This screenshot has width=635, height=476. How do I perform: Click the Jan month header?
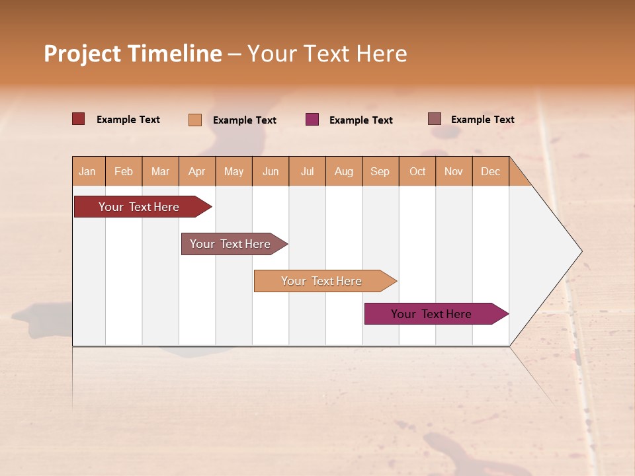88,171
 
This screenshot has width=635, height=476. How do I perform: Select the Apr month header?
197,171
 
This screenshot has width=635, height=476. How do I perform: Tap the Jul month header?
307,171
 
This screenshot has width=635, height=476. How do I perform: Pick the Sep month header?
380,171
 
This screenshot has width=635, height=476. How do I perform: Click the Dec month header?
490,171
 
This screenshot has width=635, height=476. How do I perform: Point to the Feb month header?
124,171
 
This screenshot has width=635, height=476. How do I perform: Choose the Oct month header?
417,171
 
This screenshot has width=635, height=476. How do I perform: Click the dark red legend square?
79,119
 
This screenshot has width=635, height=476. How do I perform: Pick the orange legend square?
195,120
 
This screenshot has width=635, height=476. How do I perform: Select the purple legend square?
312,120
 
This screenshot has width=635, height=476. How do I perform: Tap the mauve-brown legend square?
435,119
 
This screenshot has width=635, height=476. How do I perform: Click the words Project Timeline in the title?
133,54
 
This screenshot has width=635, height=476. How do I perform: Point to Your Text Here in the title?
327,54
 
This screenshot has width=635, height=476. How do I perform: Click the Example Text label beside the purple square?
360,120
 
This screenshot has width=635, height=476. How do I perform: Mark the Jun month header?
271,171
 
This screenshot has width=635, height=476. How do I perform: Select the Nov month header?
454,171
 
